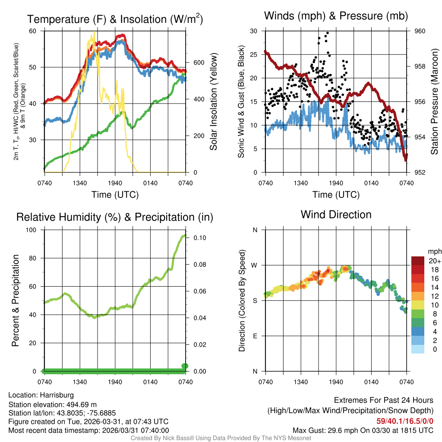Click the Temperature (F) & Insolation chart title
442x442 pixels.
pos(115,19)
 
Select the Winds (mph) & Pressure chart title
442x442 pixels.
pos(336,16)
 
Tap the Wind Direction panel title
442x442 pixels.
pos(336,215)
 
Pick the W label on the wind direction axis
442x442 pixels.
pos(255,265)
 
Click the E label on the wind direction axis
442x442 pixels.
pos(255,336)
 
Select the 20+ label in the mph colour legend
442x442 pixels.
pos(434,261)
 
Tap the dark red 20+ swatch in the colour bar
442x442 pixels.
pos(418,261)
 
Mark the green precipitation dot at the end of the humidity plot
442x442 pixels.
pos(185,366)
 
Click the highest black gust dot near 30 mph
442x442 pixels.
pos(328,33)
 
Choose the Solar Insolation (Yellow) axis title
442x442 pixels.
pos(214,102)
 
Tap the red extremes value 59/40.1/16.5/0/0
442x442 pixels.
pos(404,421)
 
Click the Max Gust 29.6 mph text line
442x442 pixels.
pos(363,430)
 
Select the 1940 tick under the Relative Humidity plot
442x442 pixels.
pos(115,381)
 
